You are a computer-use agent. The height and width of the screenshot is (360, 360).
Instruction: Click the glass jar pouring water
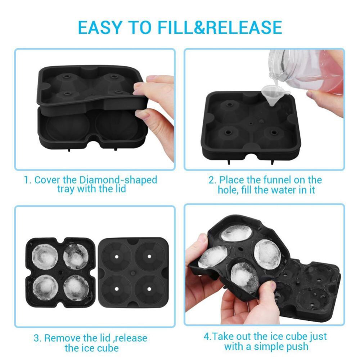306,68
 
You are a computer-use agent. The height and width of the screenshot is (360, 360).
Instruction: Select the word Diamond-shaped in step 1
118,180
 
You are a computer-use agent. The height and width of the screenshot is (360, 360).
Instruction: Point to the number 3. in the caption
37,338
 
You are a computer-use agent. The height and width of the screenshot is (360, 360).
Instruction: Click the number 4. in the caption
207,337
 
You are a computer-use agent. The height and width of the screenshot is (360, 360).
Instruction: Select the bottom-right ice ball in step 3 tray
76,288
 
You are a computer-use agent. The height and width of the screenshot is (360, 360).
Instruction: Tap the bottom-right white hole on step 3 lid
149,289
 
